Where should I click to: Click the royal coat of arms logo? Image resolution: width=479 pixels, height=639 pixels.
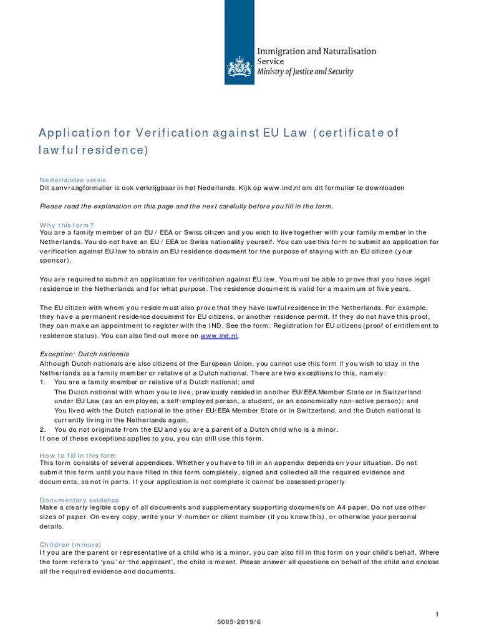(x=239, y=66)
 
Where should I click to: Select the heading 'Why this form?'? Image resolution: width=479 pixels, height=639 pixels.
(x=67, y=225)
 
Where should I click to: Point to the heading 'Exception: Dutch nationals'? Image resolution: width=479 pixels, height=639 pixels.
(x=84, y=354)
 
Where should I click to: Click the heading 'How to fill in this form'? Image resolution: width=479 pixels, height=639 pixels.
(x=78, y=456)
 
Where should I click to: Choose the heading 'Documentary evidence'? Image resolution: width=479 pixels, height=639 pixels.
(x=79, y=500)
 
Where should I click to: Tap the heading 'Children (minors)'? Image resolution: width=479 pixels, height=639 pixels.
(x=70, y=545)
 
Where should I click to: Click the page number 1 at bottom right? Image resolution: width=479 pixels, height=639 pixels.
(x=437, y=615)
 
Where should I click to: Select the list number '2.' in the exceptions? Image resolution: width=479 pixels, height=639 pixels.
(x=43, y=429)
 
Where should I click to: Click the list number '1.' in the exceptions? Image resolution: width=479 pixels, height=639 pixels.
(x=43, y=382)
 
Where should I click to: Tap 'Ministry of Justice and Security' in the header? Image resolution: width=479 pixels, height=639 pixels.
(x=305, y=72)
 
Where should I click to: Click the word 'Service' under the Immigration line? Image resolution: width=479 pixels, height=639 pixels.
(x=270, y=61)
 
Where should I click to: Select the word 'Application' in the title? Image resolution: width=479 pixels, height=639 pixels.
(x=72, y=133)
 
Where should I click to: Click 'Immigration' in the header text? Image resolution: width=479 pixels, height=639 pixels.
(x=279, y=51)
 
